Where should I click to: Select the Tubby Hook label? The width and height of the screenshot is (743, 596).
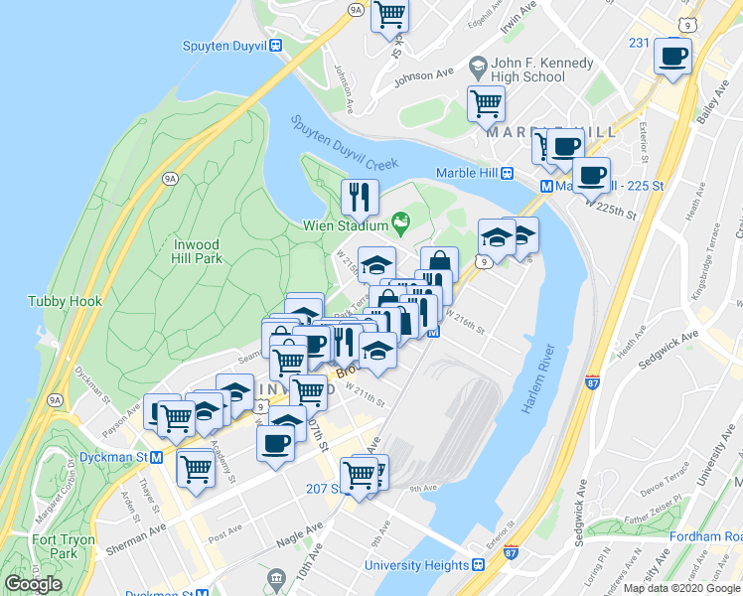(58, 301)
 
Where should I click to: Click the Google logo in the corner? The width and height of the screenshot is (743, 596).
(33, 584)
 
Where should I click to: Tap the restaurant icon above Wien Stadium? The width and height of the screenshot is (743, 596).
(359, 197)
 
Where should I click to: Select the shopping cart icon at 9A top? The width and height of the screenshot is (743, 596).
(389, 16)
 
